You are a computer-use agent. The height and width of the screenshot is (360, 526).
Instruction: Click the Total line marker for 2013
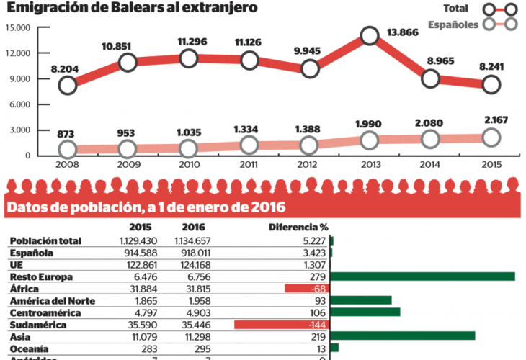coord(370,35)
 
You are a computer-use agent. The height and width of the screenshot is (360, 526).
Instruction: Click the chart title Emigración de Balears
coord(133,8)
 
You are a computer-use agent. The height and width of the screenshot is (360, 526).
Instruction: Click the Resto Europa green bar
coord(423,276)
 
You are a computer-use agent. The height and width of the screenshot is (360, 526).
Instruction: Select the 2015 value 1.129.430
coord(134,240)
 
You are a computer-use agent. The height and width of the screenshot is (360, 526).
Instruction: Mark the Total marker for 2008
coord(68,85)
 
